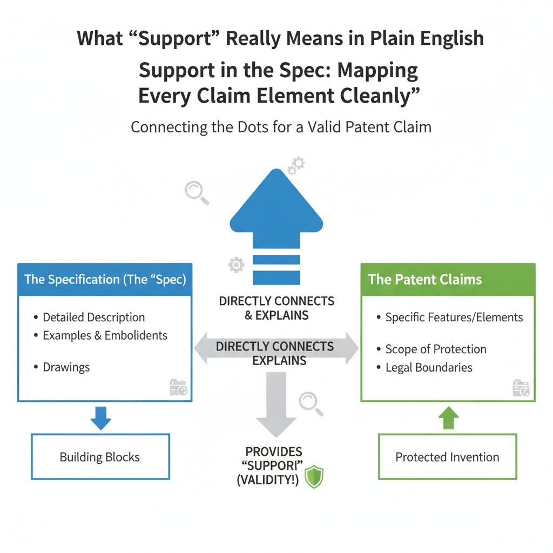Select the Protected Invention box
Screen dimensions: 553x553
pyautogui.click(x=447, y=457)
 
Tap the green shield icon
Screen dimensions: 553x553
pyautogui.click(x=313, y=478)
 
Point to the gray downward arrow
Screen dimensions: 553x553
pyautogui.click(x=276, y=405)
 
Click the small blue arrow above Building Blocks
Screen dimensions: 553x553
pyautogui.click(x=100, y=417)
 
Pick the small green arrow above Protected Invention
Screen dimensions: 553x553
pyautogui.click(x=447, y=418)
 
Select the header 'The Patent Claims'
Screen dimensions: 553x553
pyautogui.click(x=425, y=280)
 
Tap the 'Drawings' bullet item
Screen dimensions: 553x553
pyautogui.click(x=66, y=367)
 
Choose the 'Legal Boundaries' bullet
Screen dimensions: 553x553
pyautogui.click(x=429, y=368)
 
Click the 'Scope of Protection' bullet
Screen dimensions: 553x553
pyautogui.click(x=435, y=349)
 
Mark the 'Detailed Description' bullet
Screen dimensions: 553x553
pyautogui.click(x=93, y=318)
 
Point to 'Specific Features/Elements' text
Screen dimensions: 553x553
pyautogui.click(x=454, y=318)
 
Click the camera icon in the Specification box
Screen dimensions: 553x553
pyautogui.click(x=178, y=388)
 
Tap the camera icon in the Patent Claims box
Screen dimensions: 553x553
pyautogui.click(x=521, y=388)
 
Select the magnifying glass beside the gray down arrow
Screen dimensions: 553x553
pyautogui.click(x=311, y=403)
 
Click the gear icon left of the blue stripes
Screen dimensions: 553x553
pyautogui.click(x=236, y=265)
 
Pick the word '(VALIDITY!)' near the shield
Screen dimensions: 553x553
pyautogui.click(x=267, y=480)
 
